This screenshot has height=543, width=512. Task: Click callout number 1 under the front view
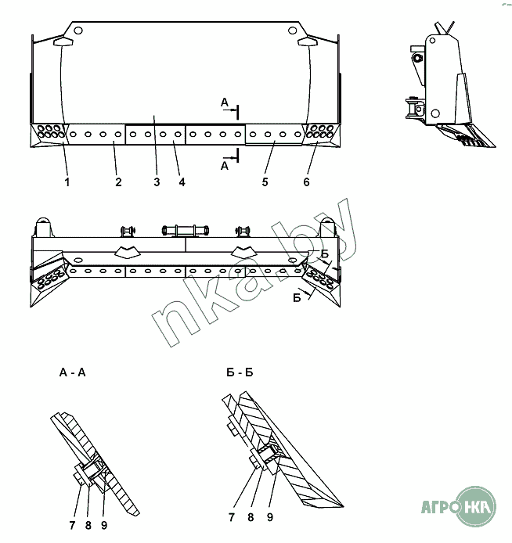[67, 182]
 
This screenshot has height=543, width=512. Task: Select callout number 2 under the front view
[118, 182]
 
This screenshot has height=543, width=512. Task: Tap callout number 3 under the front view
[157, 182]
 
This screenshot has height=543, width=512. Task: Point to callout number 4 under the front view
[182, 182]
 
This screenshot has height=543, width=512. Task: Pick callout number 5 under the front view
[265, 182]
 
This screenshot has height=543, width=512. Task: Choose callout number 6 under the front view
[307, 182]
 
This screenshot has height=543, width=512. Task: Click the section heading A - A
[72, 372]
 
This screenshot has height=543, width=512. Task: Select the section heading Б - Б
[240, 372]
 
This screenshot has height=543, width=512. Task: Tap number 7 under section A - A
[72, 525]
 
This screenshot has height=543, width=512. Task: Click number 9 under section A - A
[104, 525]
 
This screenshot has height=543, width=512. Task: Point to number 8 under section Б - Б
[251, 517]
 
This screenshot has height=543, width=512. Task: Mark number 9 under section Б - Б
[270, 517]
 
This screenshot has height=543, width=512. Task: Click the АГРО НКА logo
[459, 506]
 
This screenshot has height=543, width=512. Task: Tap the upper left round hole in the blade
[78, 31]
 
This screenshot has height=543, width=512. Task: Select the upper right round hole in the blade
[292, 31]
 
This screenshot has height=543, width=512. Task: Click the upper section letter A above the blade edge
[225, 102]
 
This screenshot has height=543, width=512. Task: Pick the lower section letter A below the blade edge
[225, 166]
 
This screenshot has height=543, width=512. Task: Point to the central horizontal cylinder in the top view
[186, 230]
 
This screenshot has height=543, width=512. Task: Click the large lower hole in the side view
[435, 113]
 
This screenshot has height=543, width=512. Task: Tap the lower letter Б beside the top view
[297, 298]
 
